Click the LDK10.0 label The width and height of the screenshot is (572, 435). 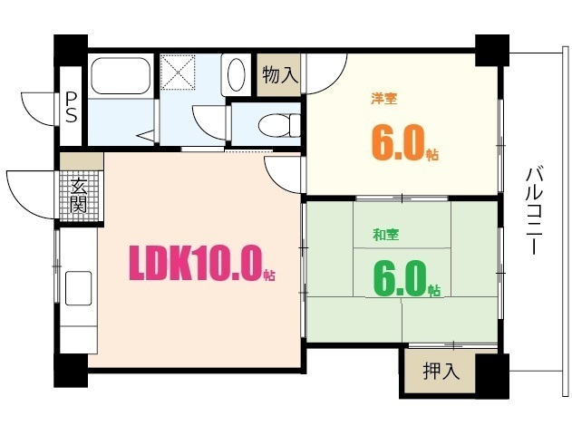195,264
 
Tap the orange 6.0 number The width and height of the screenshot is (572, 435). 396,142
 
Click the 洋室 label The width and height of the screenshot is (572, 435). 383,98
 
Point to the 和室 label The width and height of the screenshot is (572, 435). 386,235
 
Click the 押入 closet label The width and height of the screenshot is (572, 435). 441,370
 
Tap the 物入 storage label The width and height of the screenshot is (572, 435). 280,75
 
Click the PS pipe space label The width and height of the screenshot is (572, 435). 70,107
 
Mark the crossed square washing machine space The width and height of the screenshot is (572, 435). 178,71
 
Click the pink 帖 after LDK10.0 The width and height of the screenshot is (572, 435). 269,274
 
